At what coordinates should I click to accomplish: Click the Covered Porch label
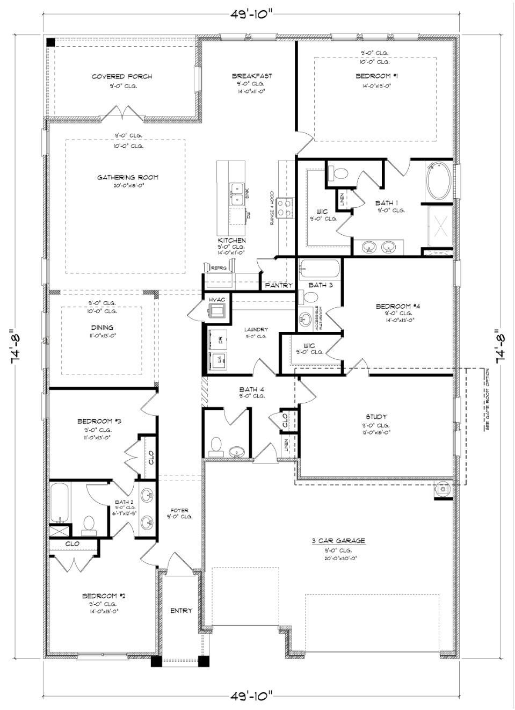pos(122,76)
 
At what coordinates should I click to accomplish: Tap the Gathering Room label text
pos(128,177)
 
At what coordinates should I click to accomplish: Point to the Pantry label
pos(279,285)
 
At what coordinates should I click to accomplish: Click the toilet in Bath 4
pos(216,445)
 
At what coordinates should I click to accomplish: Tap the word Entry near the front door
pos(181,611)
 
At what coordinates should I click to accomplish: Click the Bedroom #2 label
pos(104,596)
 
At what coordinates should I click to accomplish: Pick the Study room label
pos(376,416)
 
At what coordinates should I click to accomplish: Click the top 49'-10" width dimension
pos(252,15)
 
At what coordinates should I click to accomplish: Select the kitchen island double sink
pos(236,194)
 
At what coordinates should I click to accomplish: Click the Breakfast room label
pos(252,76)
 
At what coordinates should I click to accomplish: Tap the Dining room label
pos(102,327)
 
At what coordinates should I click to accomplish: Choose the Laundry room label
pos(256,329)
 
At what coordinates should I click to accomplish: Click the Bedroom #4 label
pos(397,306)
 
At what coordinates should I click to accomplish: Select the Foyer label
pos(179,510)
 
